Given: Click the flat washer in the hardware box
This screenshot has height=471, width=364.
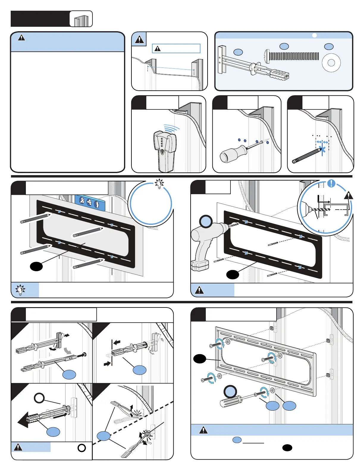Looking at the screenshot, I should [331, 63].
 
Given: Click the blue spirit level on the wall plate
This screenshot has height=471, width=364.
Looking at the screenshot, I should [90, 203].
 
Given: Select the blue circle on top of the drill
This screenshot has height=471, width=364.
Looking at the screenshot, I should [206, 222].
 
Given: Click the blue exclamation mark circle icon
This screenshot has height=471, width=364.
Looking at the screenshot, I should [331, 183].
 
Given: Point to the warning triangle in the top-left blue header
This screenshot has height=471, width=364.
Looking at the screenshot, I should [21, 38].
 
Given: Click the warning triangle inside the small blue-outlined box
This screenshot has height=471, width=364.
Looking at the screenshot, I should [158, 48].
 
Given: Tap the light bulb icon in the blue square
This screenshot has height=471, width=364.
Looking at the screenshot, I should [20, 290].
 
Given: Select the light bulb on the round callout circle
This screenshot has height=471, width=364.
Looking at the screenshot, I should [160, 183].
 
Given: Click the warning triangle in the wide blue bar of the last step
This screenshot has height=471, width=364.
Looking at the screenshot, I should [203, 430].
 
